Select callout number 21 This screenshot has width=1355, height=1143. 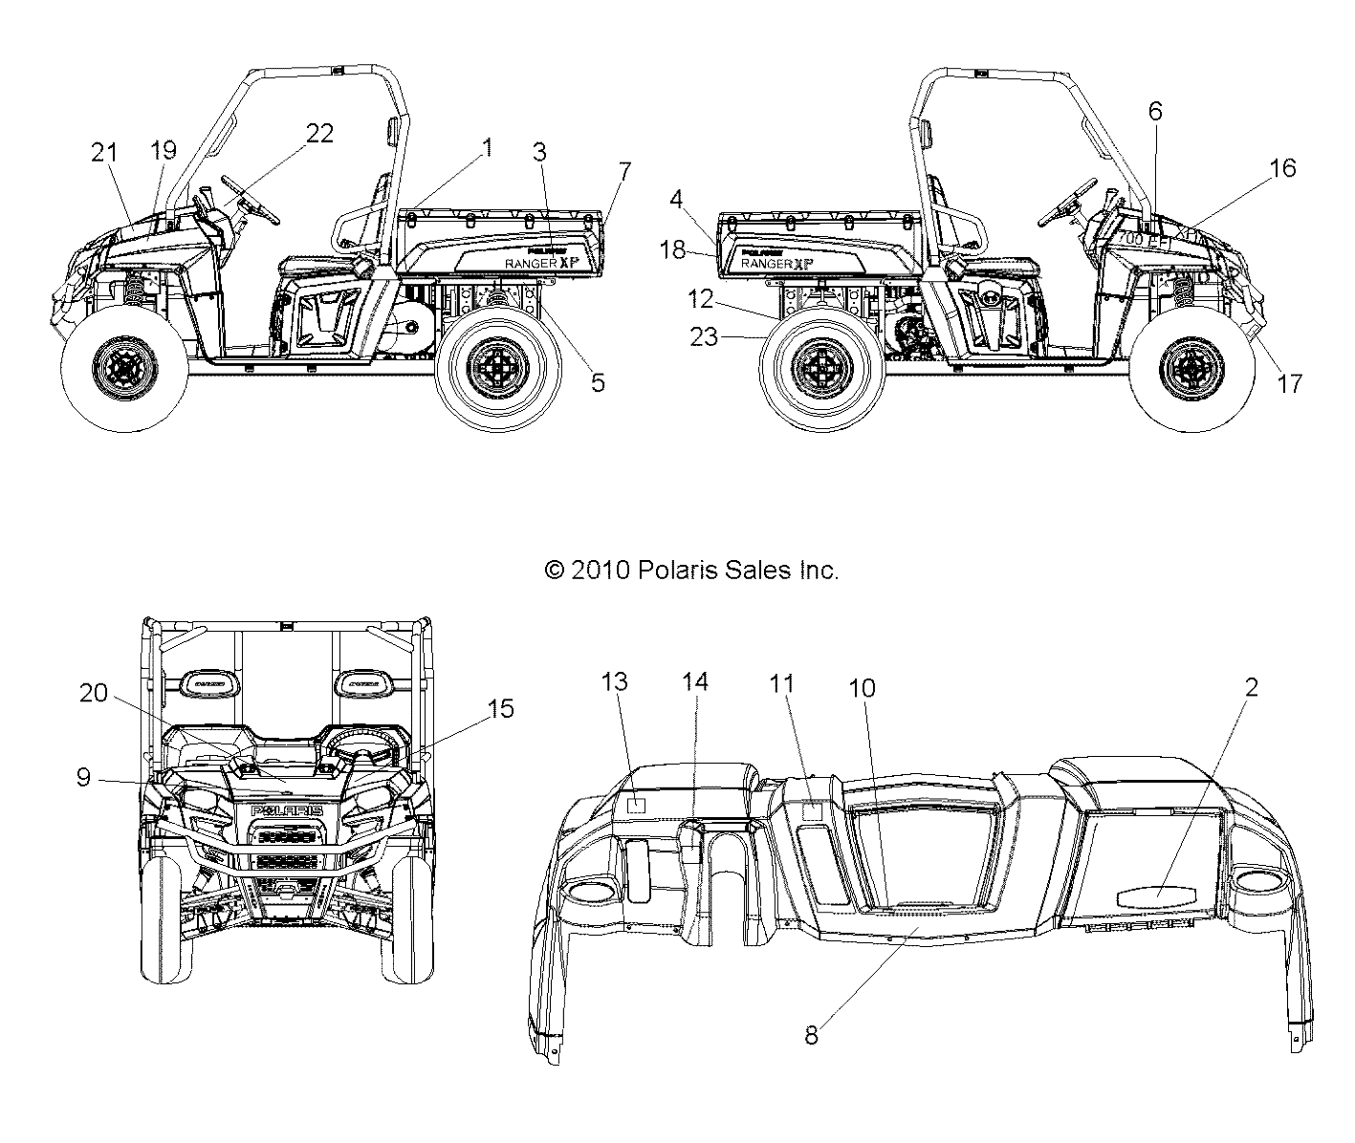click(104, 150)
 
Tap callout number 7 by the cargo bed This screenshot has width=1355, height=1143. click(624, 172)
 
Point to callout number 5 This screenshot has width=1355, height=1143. click(598, 383)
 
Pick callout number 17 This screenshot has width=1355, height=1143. click(1290, 383)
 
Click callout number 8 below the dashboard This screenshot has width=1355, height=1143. click(811, 1035)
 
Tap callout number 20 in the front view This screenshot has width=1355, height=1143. click(94, 695)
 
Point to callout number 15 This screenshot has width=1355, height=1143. click(500, 708)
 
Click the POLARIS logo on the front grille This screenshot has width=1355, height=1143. click(287, 810)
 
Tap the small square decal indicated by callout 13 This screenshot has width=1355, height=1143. click(636, 805)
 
